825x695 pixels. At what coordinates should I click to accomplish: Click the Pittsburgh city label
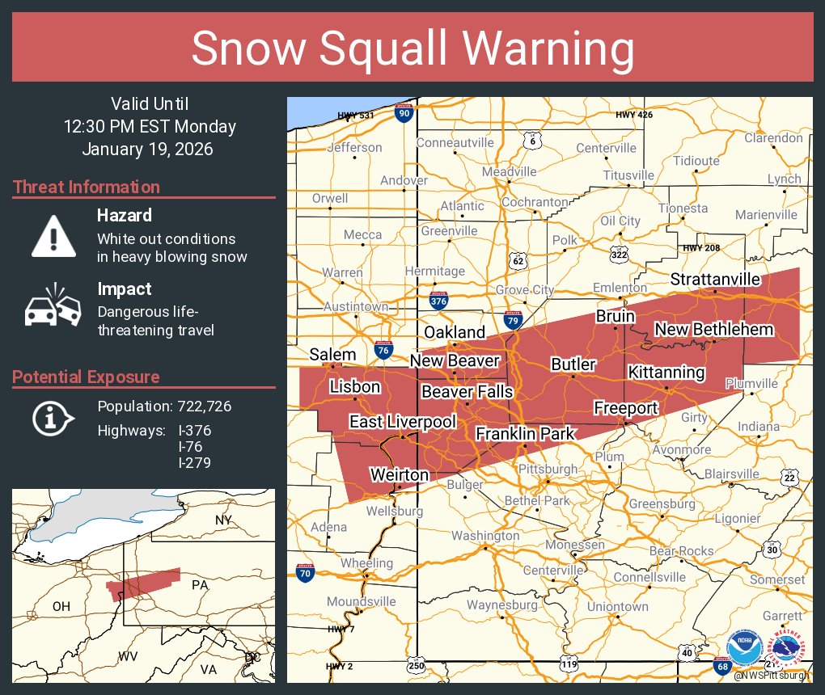[x=548, y=469]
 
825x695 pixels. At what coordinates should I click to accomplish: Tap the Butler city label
[x=573, y=364]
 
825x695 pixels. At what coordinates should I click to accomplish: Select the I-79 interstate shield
[x=512, y=320]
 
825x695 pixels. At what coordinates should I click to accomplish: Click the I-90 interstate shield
[x=404, y=113]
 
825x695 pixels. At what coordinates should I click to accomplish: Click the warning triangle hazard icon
[x=53, y=235]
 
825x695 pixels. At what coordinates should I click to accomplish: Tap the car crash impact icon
[x=53, y=306]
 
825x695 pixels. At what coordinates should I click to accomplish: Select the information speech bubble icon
[x=53, y=418]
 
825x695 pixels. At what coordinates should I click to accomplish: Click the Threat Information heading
[x=87, y=187]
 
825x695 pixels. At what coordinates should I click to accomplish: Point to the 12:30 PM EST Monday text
[x=150, y=127]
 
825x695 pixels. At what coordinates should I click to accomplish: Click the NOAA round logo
[x=743, y=649]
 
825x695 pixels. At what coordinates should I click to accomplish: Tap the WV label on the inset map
[x=129, y=655]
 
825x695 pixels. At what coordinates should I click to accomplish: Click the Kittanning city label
[x=666, y=373]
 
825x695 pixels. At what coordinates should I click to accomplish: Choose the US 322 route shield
[x=620, y=254]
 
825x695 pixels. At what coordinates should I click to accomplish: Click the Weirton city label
[x=400, y=474]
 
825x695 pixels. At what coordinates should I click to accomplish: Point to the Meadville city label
[x=509, y=172]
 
